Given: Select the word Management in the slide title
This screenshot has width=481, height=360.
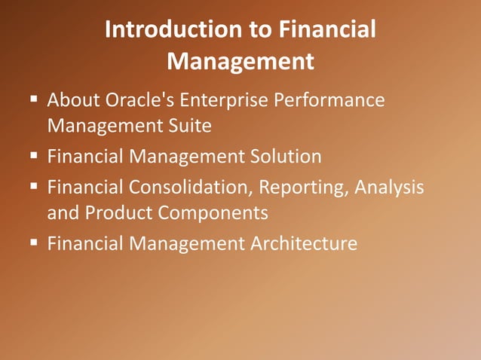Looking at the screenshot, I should [240, 61].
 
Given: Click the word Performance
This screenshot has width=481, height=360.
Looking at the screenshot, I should [335, 100].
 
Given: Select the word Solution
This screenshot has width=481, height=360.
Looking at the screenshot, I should [283, 157].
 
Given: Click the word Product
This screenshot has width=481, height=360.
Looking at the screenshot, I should [117, 213].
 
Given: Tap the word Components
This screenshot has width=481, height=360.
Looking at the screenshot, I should [213, 213].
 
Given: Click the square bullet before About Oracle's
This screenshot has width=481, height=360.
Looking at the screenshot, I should [35, 100].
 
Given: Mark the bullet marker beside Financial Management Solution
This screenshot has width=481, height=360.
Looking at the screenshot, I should [35, 157].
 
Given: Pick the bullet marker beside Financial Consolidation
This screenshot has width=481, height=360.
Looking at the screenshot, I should [35, 188].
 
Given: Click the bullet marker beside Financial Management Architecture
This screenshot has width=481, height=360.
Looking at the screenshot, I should [35, 244].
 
